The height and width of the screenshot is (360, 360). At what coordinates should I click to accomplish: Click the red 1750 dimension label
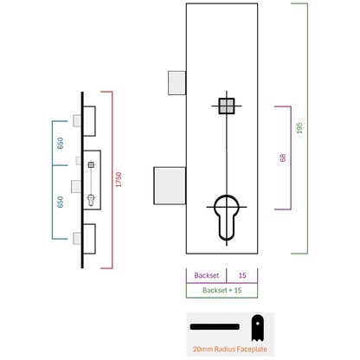tap(119, 180)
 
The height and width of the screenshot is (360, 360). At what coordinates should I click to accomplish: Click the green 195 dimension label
tap(299, 128)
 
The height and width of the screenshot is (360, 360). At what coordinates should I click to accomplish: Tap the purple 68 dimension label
tap(283, 157)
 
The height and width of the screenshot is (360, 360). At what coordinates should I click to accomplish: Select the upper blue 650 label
tap(60, 144)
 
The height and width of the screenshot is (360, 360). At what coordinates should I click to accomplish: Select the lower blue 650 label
tap(60, 202)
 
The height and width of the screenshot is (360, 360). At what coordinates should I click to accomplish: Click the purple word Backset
tap(207, 275)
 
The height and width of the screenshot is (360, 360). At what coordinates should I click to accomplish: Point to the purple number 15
tap(242, 275)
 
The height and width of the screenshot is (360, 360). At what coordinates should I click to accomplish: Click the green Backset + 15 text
tap(222, 290)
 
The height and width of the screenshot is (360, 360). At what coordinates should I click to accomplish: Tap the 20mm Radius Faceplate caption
tap(230, 349)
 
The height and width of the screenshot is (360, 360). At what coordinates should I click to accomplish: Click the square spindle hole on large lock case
tap(227, 106)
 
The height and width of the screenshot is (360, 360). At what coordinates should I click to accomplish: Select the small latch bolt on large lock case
tap(177, 83)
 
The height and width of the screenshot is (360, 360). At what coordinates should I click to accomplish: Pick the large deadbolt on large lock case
tap(170, 186)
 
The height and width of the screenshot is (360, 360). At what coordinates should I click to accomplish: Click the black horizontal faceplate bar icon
tap(215, 327)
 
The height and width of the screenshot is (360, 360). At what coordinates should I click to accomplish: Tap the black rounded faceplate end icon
tap(257, 328)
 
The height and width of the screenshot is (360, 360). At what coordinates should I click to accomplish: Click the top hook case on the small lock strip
tap(89, 121)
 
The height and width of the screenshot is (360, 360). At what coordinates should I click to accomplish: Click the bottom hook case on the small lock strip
tap(89, 239)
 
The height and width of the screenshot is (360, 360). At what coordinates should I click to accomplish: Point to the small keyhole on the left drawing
tap(91, 200)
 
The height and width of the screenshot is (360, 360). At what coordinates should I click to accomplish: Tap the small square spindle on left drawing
tap(91, 164)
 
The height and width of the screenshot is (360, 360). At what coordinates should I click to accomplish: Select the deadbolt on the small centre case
tap(76, 186)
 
